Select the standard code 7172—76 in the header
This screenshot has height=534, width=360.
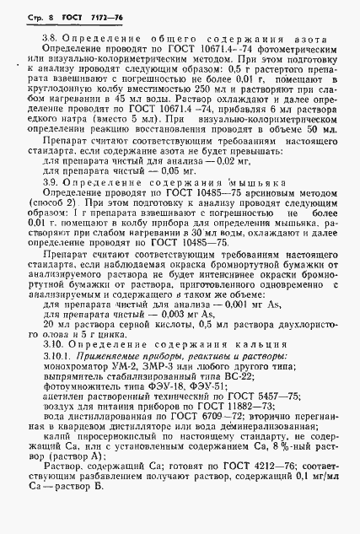click(x=90, y=16)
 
